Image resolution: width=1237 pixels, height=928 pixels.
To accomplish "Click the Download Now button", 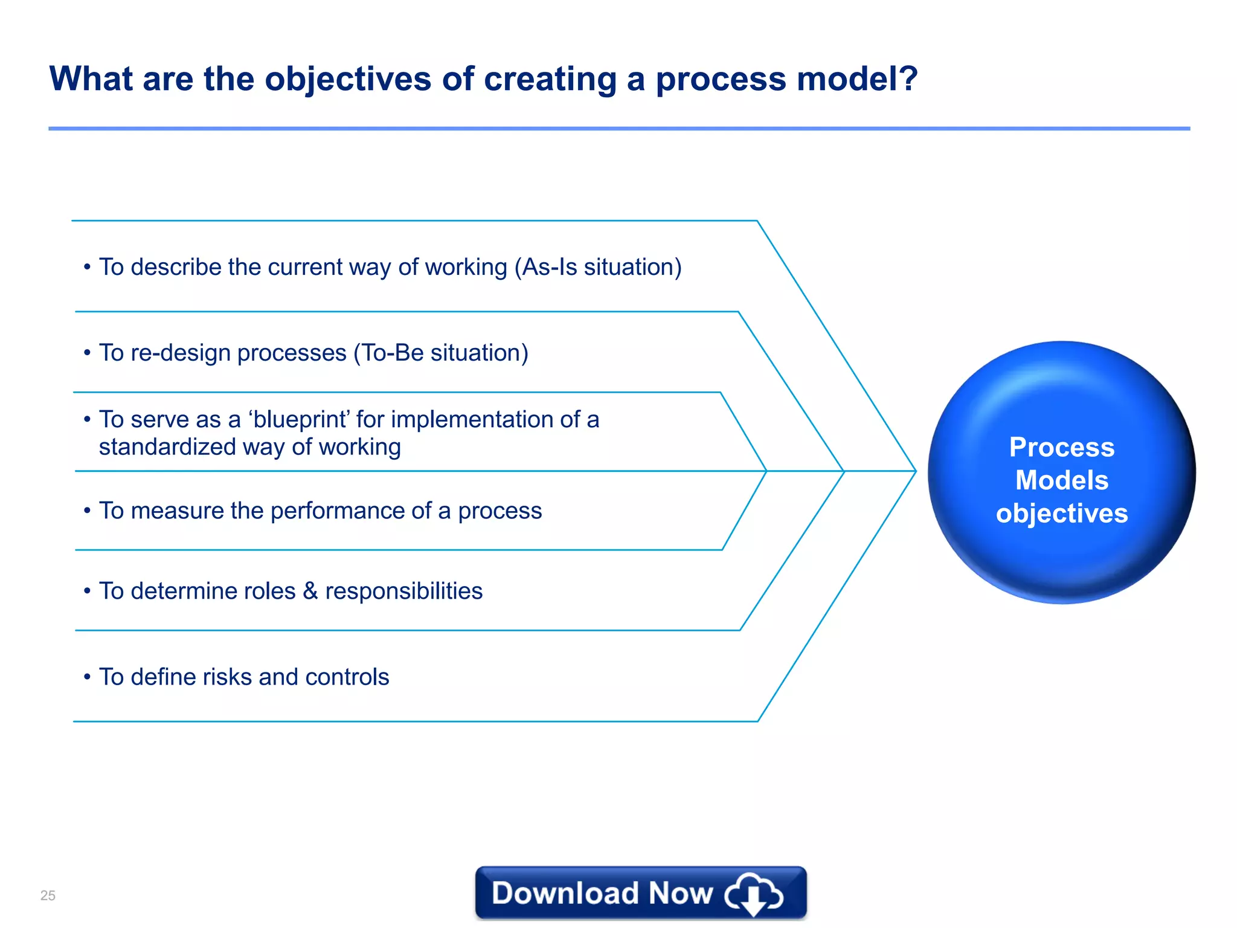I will click(x=640, y=892).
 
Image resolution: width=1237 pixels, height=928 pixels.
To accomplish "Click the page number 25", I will click(x=48, y=895).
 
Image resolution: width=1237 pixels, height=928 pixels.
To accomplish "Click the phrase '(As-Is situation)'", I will click(x=598, y=267).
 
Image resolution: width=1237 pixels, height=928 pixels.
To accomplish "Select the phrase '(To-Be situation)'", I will click(x=441, y=353).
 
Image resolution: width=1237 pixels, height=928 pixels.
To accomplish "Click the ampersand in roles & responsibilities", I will click(x=310, y=591).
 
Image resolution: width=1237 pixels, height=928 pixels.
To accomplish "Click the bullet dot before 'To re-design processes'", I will click(x=87, y=353).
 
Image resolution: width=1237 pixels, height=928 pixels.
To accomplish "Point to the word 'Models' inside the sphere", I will click(x=1061, y=480).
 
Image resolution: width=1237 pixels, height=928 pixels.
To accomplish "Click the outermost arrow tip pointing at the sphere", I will click(x=914, y=471).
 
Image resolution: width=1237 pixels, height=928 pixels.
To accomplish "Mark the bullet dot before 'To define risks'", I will click(x=87, y=677).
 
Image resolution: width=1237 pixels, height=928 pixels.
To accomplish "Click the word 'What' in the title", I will click(x=91, y=79).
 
